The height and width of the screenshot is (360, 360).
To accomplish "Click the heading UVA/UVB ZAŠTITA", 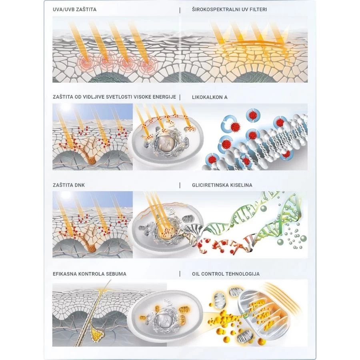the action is tap(75, 10).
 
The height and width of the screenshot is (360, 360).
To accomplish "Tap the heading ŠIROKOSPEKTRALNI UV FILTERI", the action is tap(229, 10).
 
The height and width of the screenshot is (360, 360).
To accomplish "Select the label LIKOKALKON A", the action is tap(210, 97).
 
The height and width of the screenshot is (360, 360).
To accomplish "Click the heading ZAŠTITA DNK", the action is tap(69, 185).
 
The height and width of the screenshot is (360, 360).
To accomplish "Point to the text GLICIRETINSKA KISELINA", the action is tap(222, 185).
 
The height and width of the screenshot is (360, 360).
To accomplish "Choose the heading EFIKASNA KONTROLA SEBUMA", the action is tap(90, 274).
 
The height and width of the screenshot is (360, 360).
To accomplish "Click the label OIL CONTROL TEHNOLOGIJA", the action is tap(226, 274).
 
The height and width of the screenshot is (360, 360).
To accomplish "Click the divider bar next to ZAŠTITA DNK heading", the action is tap(180, 185).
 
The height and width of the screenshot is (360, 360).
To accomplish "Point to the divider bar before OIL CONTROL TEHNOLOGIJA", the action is tap(180, 274).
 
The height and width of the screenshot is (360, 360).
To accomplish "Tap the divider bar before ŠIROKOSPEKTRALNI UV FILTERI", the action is tap(180, 10).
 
